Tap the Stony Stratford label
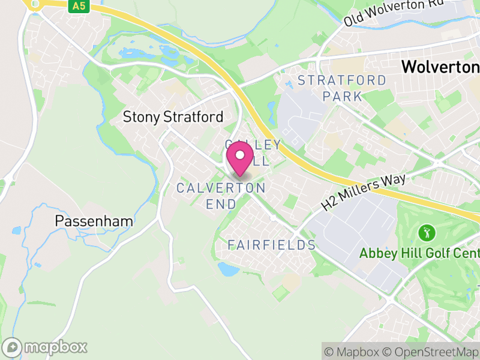click(x=173, y=117)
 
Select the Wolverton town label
click(x=440, y=67)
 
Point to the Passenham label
click(x=94, y=221)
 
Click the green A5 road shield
click(x=77, y=6)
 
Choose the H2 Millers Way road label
click(x=364, y=192)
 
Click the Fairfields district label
click(x=272, y=245)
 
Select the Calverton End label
click(x=221, y=196)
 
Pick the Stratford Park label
click(x=342, y=88)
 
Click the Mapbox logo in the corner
click(x=46, y=347)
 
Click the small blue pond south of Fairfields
click(x=229, y=269)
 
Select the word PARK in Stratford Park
click(x=342, y=96)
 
